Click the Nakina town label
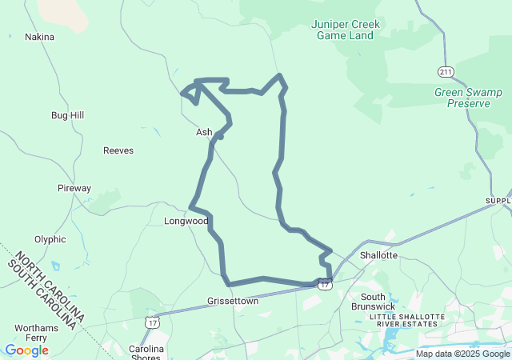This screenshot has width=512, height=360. (39, 37)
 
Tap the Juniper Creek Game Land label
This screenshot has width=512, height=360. (346, 30)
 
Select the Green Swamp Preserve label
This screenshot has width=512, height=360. (468, 98)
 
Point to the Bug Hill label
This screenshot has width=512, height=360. (67, 115)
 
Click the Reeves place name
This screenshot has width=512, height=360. (118, 150)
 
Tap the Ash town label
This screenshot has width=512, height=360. (204, 132)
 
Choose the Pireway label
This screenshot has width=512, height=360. (74, 189)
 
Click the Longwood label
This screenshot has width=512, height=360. (186, 221)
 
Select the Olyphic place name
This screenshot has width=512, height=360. (50, 239)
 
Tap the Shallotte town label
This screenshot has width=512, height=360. (378, 255)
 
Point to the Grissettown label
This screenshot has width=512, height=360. (233, 302)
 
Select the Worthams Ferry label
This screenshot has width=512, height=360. (36, 334)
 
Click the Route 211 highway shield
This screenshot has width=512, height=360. (446, 72)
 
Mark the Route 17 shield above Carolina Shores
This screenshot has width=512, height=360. (151, 322)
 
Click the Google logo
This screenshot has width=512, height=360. (26, 350)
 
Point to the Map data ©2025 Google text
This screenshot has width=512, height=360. (462, 354)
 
